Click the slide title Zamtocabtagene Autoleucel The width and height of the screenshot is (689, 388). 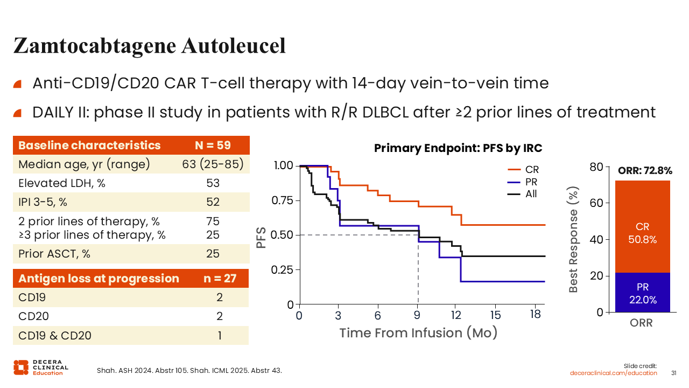click(149, 46)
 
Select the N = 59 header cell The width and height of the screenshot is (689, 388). click(213, 145)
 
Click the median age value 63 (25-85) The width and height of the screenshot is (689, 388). click(213, 164)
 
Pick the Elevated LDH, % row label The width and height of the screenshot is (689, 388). click(62, 183)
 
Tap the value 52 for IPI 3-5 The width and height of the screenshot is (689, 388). click(213, 202)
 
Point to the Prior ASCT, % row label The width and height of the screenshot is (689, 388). click(54, 253)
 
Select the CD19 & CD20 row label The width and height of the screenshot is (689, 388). click(55, 336)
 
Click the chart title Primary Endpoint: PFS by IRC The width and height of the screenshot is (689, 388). click(458, 148)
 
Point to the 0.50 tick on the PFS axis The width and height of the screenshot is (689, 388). click(283, 235)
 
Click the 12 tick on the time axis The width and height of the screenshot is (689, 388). click(456, 315)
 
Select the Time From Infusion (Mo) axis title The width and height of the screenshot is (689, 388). click(418, 333)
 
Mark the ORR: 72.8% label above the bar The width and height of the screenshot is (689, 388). click(645, 171)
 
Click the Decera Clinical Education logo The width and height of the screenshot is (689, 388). click(41, 368)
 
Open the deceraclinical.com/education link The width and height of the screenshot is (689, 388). click(614, 373)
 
